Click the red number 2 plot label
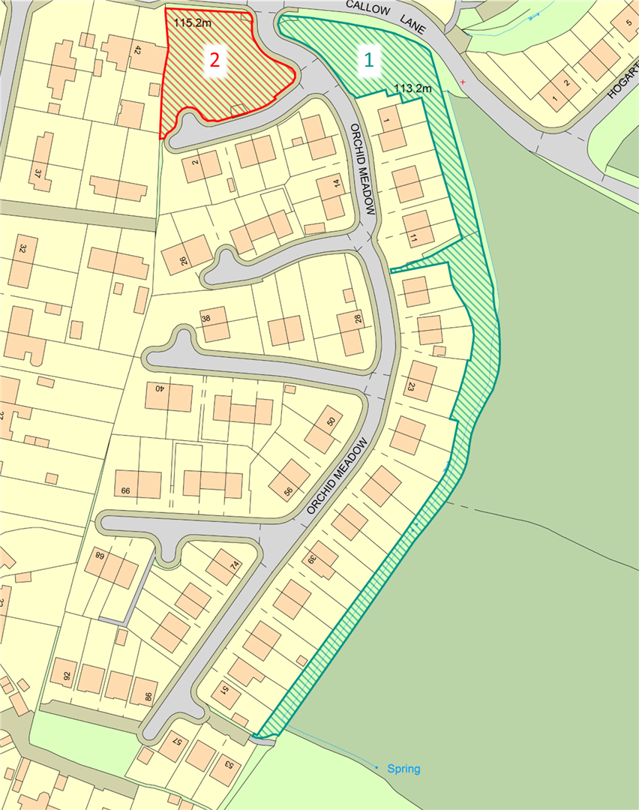tap(214, 61)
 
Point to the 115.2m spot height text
tap(190, 23)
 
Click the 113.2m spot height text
tap(412, 88)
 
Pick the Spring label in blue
tap(403, 769)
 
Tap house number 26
tap(184, 259)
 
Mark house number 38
tap(205, 317)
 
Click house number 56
tap(288, 491)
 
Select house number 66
tap(125, 490)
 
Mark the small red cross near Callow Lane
tap(463, 81)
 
